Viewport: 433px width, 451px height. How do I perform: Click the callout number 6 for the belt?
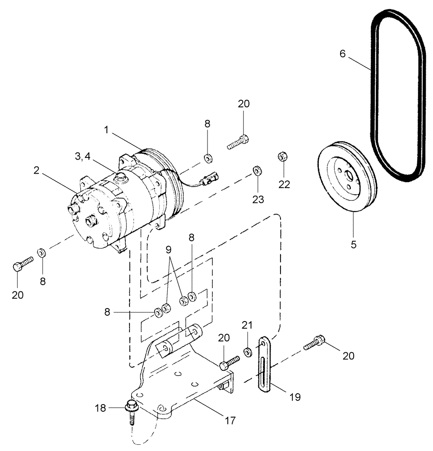[x=343, y=54]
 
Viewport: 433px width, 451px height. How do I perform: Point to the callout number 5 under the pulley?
[x=354, y=244]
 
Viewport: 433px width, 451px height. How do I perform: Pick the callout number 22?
[x=284, y=184]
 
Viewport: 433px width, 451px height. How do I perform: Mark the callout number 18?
[x=100, y=408]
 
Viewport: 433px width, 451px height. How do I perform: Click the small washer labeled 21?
[x=248, y=351]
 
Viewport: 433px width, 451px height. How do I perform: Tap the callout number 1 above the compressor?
[x=106, y=129]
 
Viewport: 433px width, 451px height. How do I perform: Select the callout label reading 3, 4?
[x=83, y=156]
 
